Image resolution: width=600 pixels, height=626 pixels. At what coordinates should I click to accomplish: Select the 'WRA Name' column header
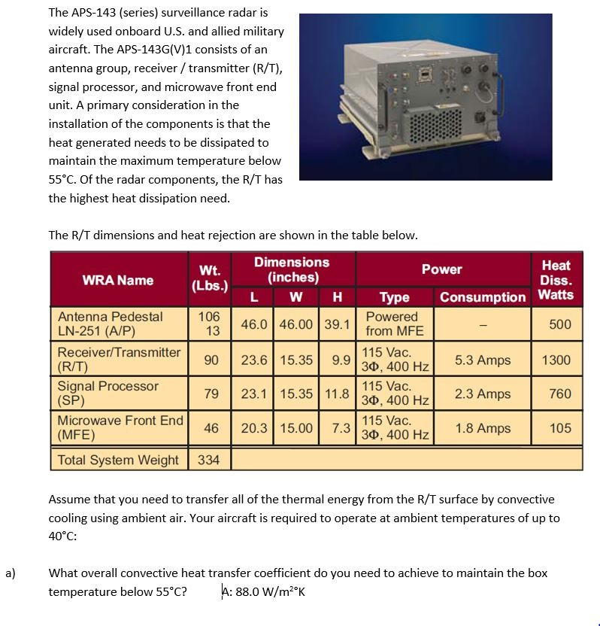pos(117,280)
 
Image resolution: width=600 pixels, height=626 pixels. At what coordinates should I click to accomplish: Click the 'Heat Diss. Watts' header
pos(556,280)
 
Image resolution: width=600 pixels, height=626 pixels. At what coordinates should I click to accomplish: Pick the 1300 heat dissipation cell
pos(556,360)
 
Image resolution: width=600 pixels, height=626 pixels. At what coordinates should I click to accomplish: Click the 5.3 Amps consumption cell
pos(483,360)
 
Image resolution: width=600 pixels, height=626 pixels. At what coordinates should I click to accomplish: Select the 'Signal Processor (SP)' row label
pos(108,394)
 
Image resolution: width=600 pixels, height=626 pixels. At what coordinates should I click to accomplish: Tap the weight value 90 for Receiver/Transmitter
pos(211,360)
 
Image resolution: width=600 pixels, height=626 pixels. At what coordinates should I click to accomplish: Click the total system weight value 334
pos(208,460)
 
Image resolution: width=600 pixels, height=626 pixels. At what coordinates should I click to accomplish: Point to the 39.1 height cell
pos(338,324)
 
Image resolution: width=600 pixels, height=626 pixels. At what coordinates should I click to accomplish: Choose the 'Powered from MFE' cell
pos(395,324)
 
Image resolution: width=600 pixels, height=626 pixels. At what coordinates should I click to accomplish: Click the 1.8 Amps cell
pos(483,428)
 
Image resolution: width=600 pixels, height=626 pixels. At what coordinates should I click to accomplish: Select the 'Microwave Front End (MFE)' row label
pos(120,428)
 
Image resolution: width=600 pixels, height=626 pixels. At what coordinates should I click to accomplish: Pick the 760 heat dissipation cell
pos(559,394)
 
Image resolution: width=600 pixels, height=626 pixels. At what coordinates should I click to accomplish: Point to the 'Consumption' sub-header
pos(483,297)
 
